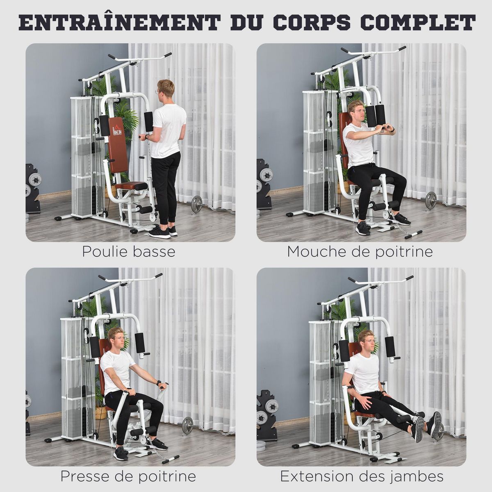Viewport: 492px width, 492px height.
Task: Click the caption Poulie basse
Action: (129, 251)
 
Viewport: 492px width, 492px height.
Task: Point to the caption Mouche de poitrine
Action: (360, 251)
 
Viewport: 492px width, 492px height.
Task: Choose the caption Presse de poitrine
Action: (128, 477)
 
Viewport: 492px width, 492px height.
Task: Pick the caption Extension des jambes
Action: (362, 477)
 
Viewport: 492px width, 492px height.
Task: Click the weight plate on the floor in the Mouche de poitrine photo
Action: (430, 200)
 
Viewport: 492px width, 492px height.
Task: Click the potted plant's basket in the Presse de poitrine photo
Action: (100, 412)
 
